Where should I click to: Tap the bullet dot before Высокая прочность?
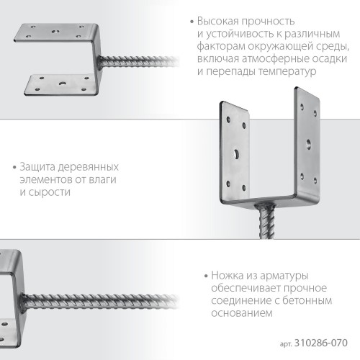pos(191,22)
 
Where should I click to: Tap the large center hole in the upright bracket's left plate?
pos(235,153)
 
